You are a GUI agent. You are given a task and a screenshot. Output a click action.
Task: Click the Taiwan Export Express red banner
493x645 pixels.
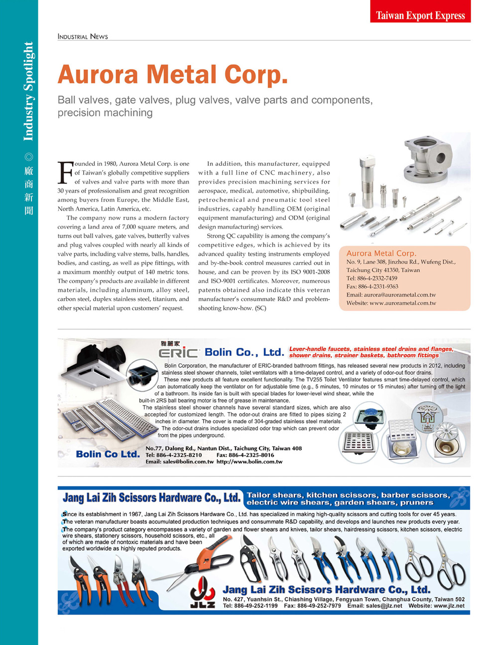[x=420, y=15]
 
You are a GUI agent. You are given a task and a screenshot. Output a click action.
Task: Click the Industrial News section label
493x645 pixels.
[x=83, y=36]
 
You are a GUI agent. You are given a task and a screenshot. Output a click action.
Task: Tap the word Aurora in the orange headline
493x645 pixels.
[x=98, y=75]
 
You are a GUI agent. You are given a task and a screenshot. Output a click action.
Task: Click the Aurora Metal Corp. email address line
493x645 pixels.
[x=391, y=295]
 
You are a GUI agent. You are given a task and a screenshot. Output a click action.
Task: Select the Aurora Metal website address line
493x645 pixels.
[x=391, y=303]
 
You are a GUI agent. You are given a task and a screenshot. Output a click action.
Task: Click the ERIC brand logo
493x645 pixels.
[x=179, y=352]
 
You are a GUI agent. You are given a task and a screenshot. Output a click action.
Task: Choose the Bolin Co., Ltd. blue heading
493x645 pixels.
[x=244, y=352]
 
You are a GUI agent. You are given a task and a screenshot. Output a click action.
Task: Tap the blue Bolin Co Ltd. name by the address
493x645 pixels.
[x=108, y=454]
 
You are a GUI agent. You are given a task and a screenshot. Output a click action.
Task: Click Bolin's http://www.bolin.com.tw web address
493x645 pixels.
[x=249, y=462]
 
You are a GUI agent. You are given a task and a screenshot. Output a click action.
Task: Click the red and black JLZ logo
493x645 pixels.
[x=202, y=593]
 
